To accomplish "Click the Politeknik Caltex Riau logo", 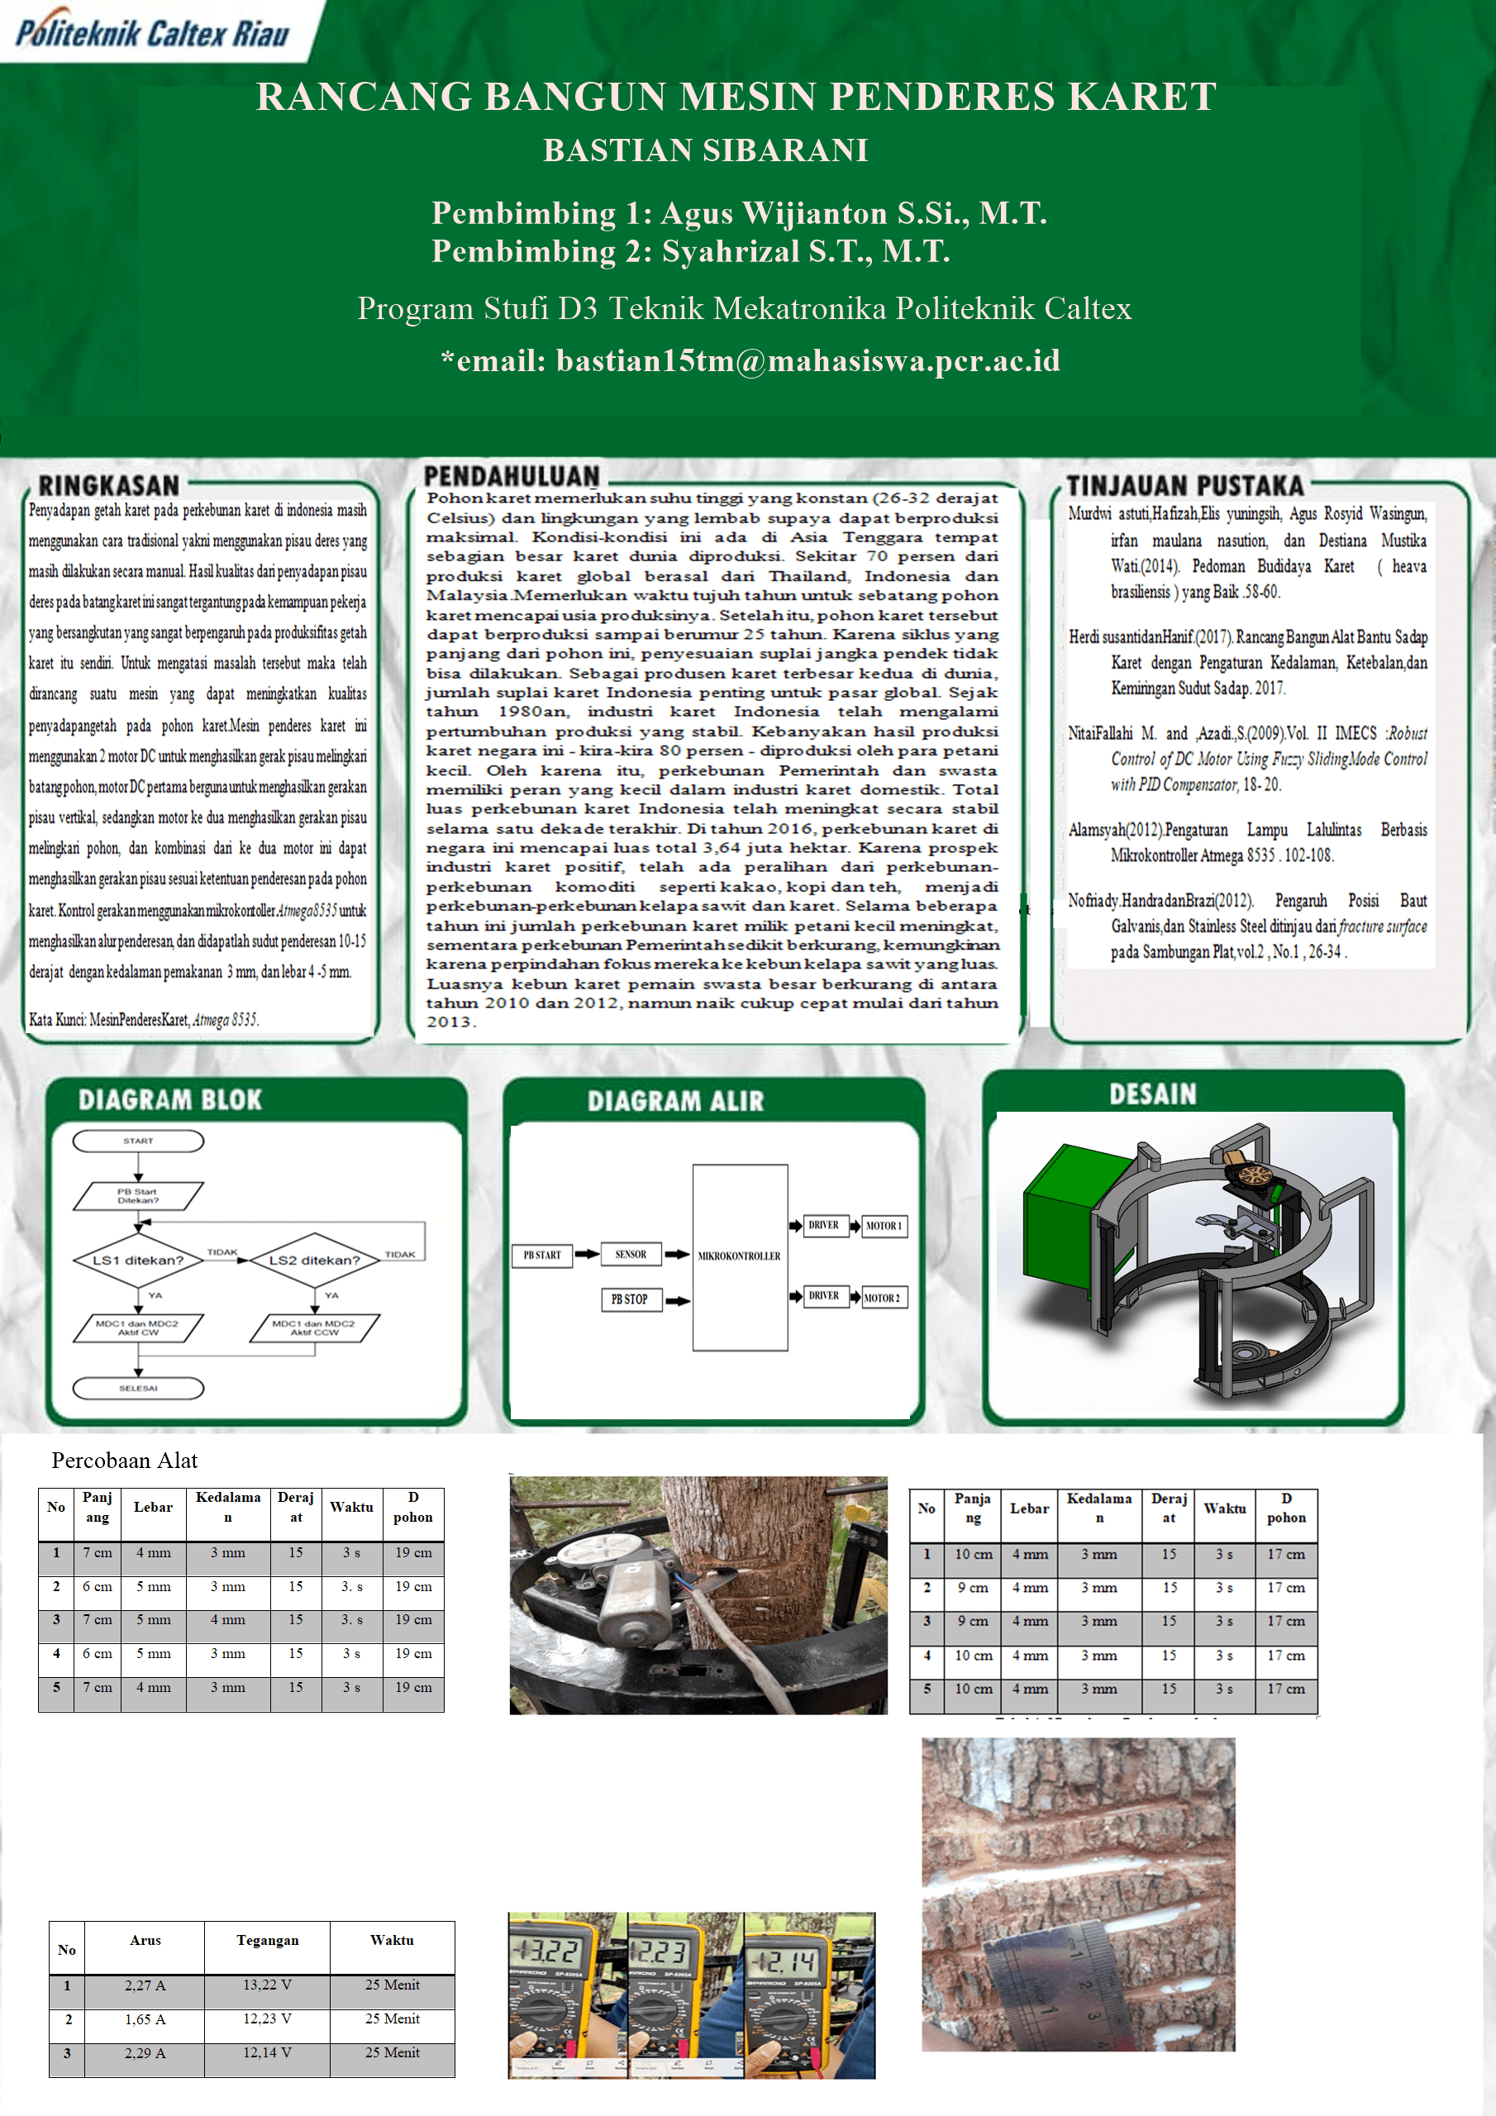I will (x=153, y=33).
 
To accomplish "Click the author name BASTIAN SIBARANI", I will (x=705, y=150).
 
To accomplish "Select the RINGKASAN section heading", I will (x=109, y=486).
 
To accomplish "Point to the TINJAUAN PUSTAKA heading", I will (x=1184, y=486).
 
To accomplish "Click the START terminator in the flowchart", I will (x=138, y=1141).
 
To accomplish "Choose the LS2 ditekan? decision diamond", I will (x=314, y=1260).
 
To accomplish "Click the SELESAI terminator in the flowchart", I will (x=138, y=1388).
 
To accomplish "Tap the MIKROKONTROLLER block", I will (x=739, y=1256).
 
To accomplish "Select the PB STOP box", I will (x=630, y=1299).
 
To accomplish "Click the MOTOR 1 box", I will (x=883, y=1226).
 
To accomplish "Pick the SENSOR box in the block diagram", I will (x=631, y=1254).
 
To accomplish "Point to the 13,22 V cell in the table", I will (x=267, y=1985).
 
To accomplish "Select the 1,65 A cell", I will (x=145, y=2019).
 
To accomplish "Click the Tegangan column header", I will (x=267, y=1940).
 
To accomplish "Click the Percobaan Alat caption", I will (x=125, y=1460).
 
